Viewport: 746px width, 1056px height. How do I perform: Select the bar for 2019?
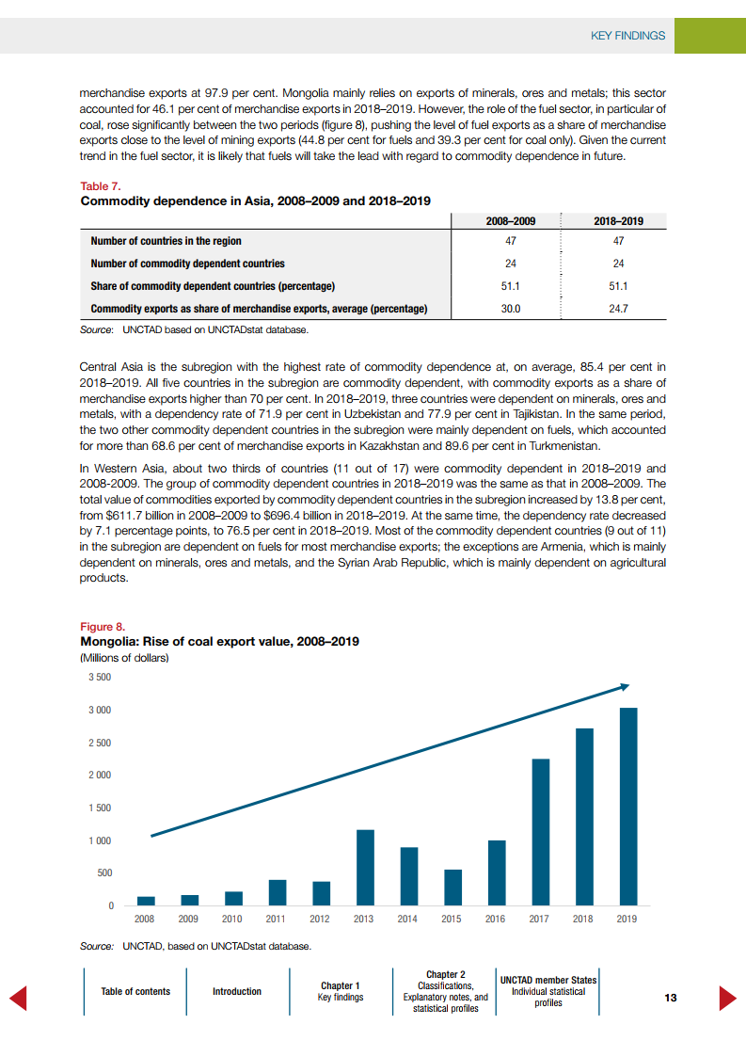pyautogui.click(x=627, y=807)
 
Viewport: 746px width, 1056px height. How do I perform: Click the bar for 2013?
pyautogui.click(x=365, y=868)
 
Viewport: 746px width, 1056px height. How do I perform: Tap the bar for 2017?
pyautogui.click(x=540, y=832)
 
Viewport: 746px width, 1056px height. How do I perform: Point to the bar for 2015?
pyautogui.click(x=452, y=888)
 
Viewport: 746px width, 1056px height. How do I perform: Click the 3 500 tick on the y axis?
pyautogui.click(x=100, y=678)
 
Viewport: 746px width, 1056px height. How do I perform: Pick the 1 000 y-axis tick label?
pyautogui.click(x=100, y=840)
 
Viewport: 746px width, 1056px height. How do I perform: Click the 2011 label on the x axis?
pyautogui.click(x=277, y=920)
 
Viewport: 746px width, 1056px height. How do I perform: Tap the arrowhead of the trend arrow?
pyautogui.click(x=625, y=686)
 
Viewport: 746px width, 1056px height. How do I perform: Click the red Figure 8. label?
pyautogui.click(x=103, y=627)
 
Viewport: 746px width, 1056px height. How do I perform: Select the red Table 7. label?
pyautogui.click(x=101, y=186)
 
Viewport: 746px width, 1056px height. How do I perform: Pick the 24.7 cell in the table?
pyautogui.click(x=618, y=309)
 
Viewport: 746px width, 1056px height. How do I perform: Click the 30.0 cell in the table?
pyautogui.click(x=510, y=309)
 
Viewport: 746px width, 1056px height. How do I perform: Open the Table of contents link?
pyautogui.click(x=135, y=991)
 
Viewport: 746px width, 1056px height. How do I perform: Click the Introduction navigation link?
pyautogui.click(x=237, y=991)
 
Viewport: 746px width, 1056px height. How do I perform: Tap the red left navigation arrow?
pyautogui.click(x=17, y=998)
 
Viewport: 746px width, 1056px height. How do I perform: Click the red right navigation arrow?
pyautogui.click(x=727, y=998)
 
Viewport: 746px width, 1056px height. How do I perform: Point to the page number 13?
pyautogui.click(x=670, y=999)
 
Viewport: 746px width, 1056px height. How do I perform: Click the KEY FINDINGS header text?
pyautogui.click(x=627, y=36)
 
